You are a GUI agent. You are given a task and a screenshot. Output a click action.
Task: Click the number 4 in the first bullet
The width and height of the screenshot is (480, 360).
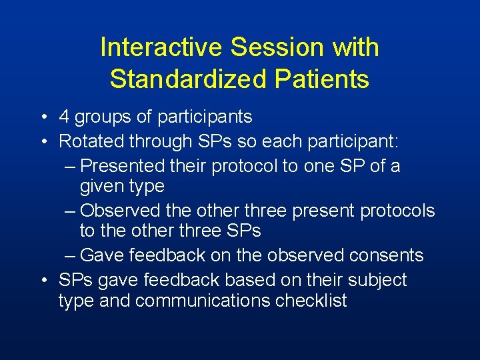coord(65,117)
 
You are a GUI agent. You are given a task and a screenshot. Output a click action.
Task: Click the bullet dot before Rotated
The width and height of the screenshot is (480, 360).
coord(43,142)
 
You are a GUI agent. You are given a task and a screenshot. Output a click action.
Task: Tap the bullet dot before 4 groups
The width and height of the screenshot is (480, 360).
coord(43,118)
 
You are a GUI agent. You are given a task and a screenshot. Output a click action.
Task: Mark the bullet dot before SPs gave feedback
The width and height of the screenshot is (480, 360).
coord(43,281)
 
